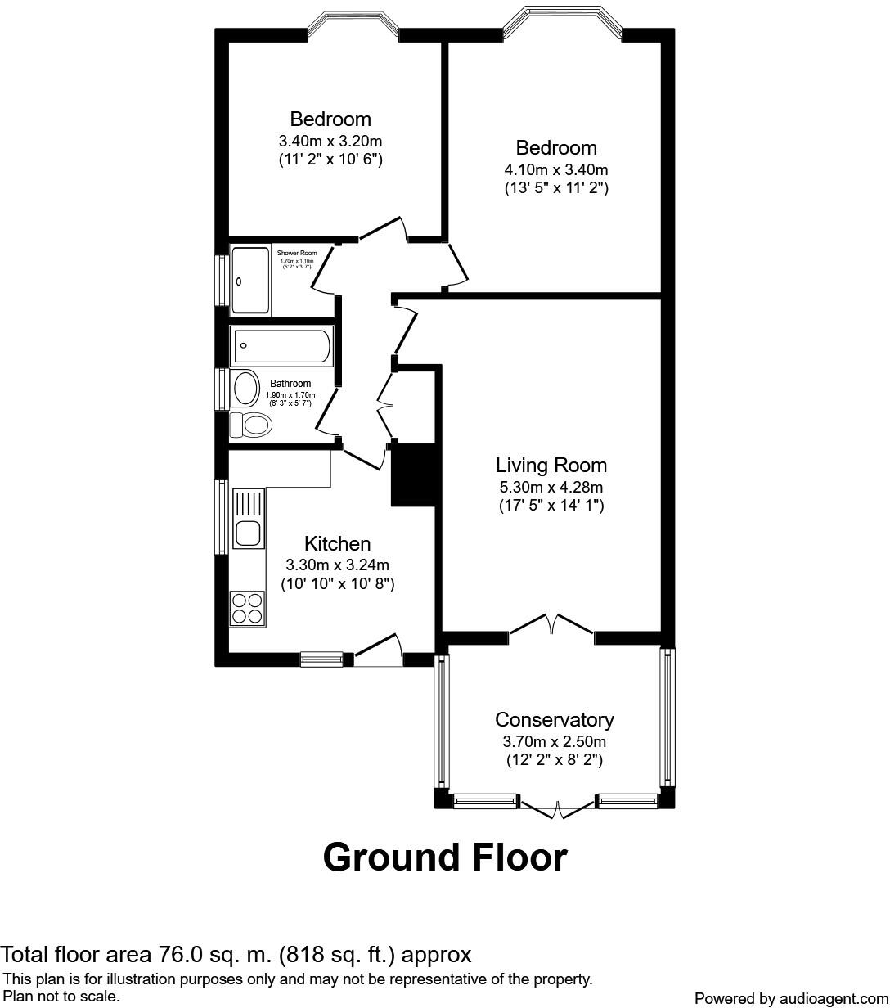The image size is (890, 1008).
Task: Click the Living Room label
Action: click(551, 466)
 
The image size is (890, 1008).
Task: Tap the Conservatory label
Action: click(554, 720)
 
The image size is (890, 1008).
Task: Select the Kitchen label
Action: click(337, 544)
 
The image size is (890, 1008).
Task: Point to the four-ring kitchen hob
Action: click(247, 608)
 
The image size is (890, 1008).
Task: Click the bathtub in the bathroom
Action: click(282, 346)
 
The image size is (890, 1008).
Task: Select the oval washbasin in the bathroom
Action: click(244, 389)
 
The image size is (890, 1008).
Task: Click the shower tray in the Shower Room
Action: click(250, 281)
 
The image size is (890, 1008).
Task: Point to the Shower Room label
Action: click(297, 254)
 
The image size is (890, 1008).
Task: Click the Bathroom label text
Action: click(290, 384)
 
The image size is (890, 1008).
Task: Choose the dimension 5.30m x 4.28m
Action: click(551, 488)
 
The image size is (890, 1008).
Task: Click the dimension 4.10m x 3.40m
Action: click(556, 170)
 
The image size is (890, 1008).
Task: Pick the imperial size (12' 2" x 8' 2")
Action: click(554, 760)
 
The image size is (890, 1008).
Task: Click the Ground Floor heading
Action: click(445, 857)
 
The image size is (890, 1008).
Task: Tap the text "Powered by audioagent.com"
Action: click(789, 998)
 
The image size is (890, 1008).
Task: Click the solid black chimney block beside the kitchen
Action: click(414, 475)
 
